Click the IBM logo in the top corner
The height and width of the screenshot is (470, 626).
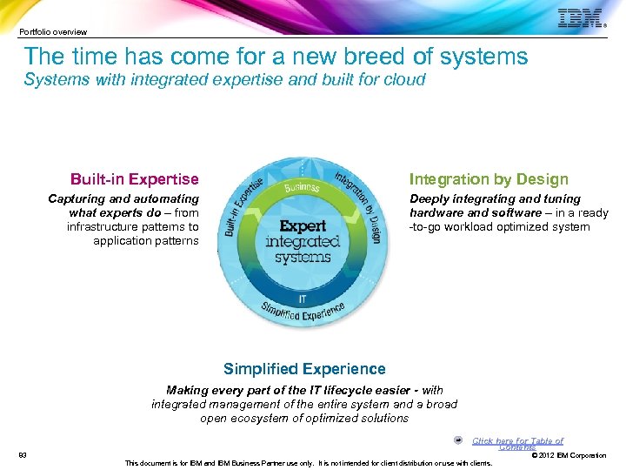pyautogui.click(x=580, y=18)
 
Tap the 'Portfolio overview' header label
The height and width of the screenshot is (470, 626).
pyautogui.click(x=53, y=32)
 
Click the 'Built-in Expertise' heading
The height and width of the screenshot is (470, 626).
pyautogui.click(x=134, y=179)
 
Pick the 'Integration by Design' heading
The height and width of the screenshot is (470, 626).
pyautogui.click(x=489, y=179)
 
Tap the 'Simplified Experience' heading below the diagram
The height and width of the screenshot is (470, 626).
pyautogui.click(x=304, y=369)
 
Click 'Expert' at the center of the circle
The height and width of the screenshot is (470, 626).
pyautogui.click(x=303, y=226)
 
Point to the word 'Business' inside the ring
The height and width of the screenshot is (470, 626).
pyautogui.click(x=302, y=187)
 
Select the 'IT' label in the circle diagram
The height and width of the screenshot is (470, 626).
pyautogui.click(x=303, y=298)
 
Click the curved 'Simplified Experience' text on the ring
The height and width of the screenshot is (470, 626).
pyautogui.click(x=303, y=312)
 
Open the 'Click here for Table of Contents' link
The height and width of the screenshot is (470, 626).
pyautogui.click(x=517, y=443)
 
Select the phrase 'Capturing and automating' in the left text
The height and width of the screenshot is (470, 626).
pyautogui.click(x=123, y=199)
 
